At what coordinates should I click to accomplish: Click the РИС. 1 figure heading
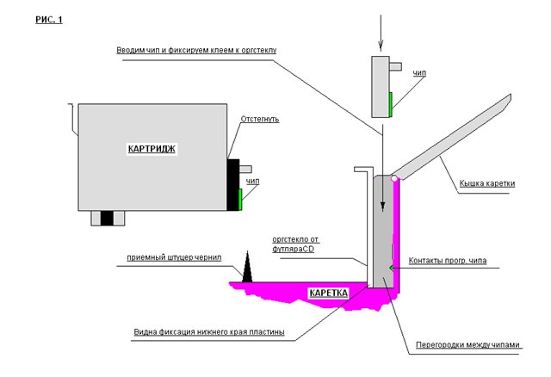(x=49, y=20)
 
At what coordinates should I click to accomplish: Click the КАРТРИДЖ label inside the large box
(x=152, y=149)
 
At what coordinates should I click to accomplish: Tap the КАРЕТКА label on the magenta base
(x=329, y=293)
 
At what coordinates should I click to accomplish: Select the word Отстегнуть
(x=260, y=119)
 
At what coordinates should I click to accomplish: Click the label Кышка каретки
(x=487, y=183)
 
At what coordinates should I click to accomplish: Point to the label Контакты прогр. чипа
(x=448, y=261)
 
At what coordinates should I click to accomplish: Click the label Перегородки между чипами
(x=467, y=345)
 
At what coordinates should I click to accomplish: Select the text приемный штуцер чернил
(x=174, y=257)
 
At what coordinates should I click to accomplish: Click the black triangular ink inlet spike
(x=247, y=267)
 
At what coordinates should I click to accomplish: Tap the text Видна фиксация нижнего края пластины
(x=209, y=332)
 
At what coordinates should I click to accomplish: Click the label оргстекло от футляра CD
(x=295, y=244)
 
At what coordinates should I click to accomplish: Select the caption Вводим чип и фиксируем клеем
(x=196, y=50)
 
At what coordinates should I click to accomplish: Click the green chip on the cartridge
(x=240, y=200)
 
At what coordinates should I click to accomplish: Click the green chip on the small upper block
(x=390, y=104)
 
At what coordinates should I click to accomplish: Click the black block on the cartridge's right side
(x=232, y=185)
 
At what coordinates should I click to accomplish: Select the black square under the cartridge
(x=107, y=218)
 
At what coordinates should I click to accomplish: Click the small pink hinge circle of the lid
(x=394, y=178)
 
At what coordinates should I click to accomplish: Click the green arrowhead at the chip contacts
(x=391, y=268)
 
